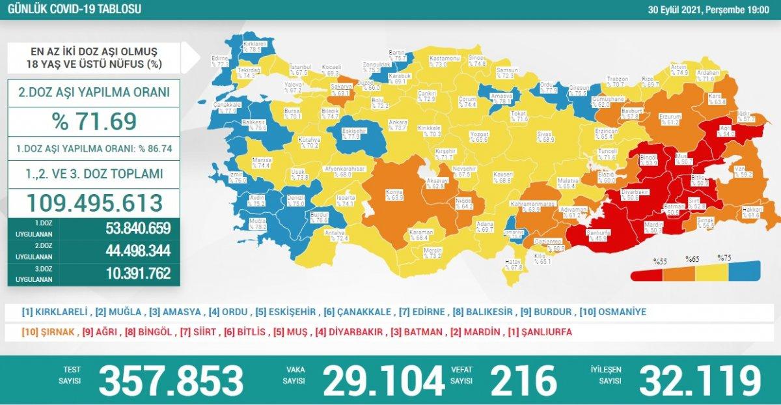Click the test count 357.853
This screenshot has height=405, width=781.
(171, 380)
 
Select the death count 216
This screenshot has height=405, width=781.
(523, 380)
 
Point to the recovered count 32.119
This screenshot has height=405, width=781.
(699, 380)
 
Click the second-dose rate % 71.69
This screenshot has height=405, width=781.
(95, 122)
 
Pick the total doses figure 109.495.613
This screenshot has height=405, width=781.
(95, 202)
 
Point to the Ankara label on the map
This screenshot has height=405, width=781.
(398, 122)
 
